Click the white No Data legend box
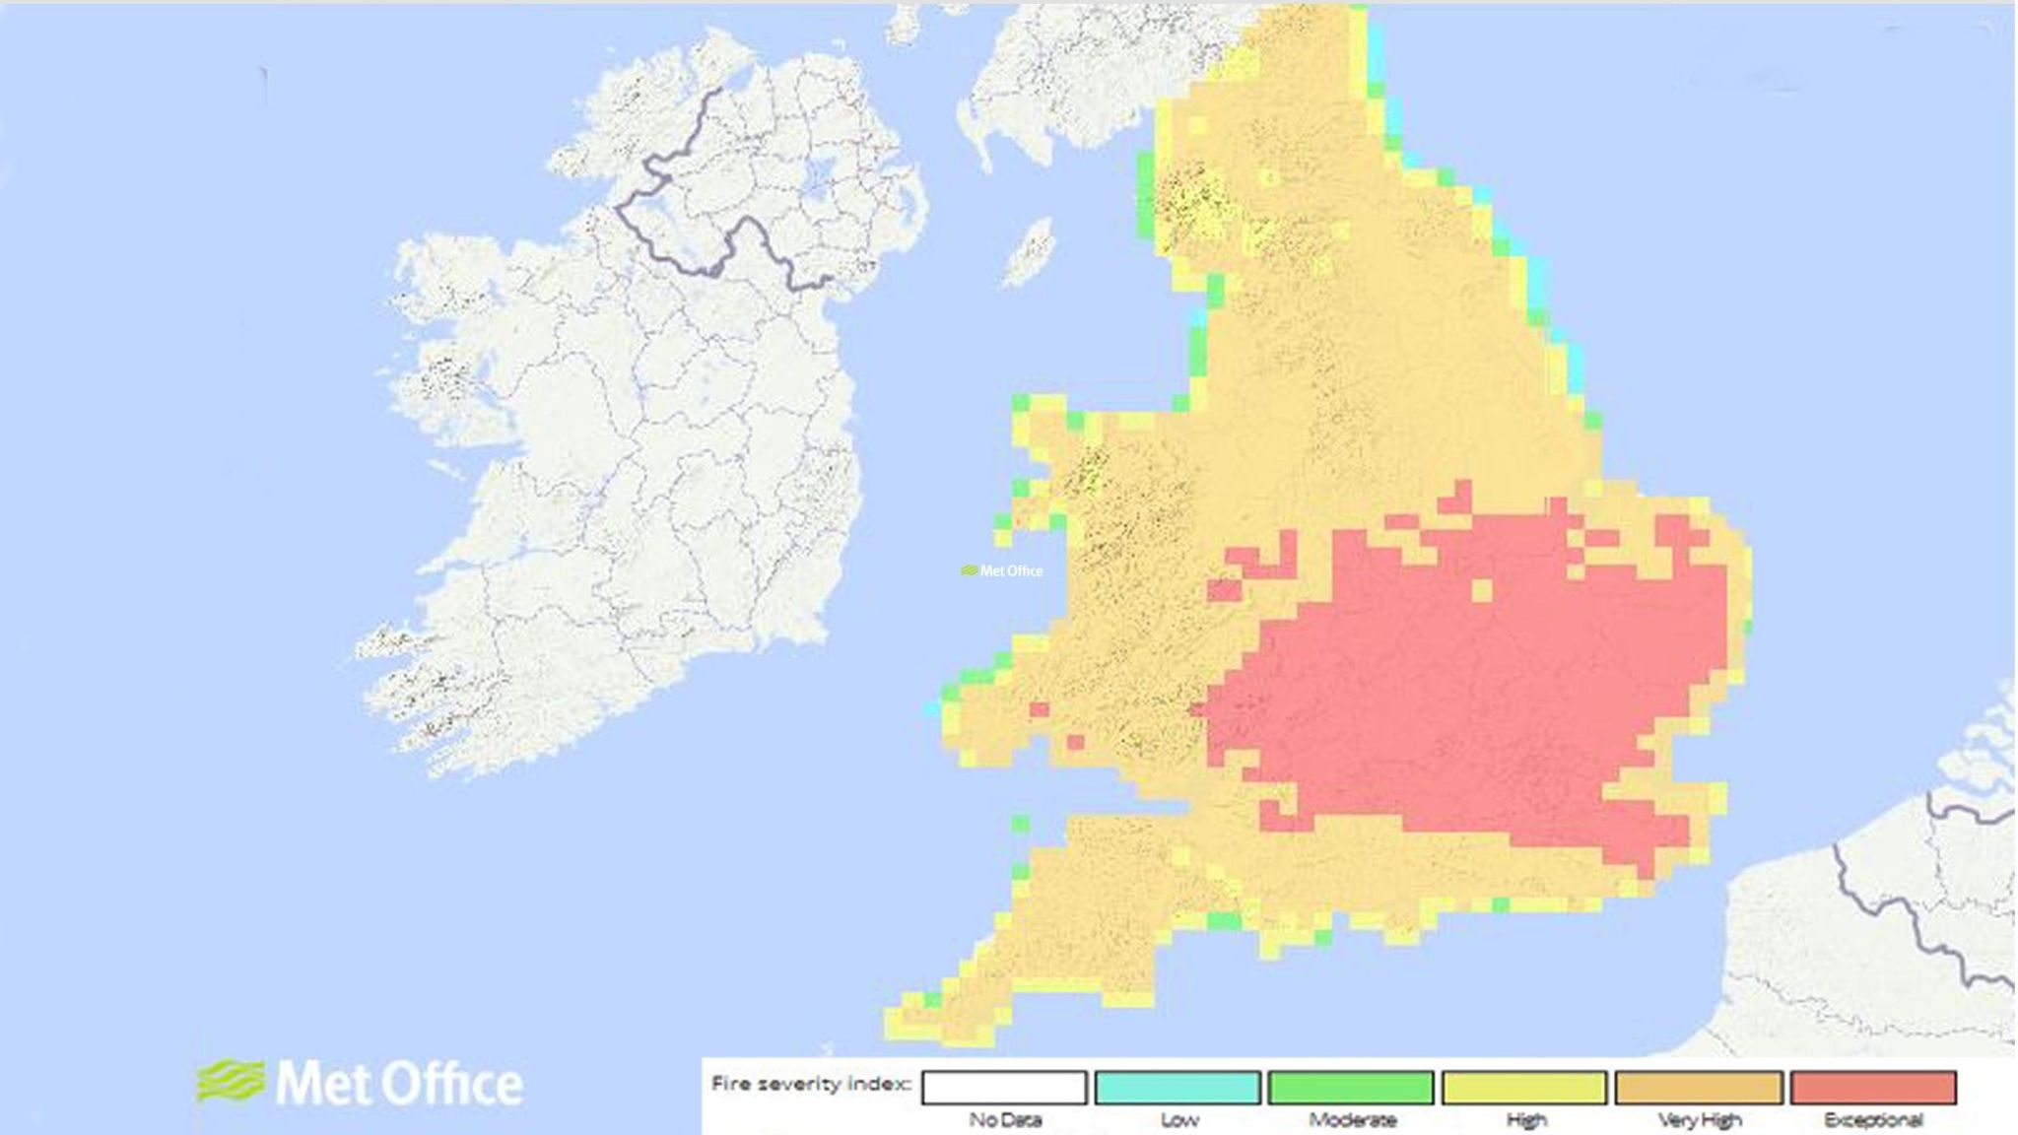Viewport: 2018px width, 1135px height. pos(1004,1088)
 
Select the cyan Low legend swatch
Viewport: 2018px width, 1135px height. pos(1177,1088)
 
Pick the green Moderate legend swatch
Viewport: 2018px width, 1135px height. pos(1351,1088)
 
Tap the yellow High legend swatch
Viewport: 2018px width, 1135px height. pos(1524,1088)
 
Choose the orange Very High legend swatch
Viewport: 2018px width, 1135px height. pos(1699,1088)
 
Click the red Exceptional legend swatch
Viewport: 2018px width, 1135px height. pos(1873,1088)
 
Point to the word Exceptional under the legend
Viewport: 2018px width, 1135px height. pos(1873,1120)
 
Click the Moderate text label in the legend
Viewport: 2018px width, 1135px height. pos(1352,1120)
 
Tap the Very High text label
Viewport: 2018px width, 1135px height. pos(1699,1120)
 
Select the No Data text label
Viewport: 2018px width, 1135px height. pos(1004,1120)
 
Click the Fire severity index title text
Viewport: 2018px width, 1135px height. pos(810,1085)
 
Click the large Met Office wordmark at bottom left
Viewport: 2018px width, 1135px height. pos(399,1084)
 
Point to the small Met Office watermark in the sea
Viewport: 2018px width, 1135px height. pos(1002,570)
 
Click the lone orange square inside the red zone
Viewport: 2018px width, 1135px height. pos(1481,590)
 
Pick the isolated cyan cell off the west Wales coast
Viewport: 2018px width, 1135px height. pos(931,708)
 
